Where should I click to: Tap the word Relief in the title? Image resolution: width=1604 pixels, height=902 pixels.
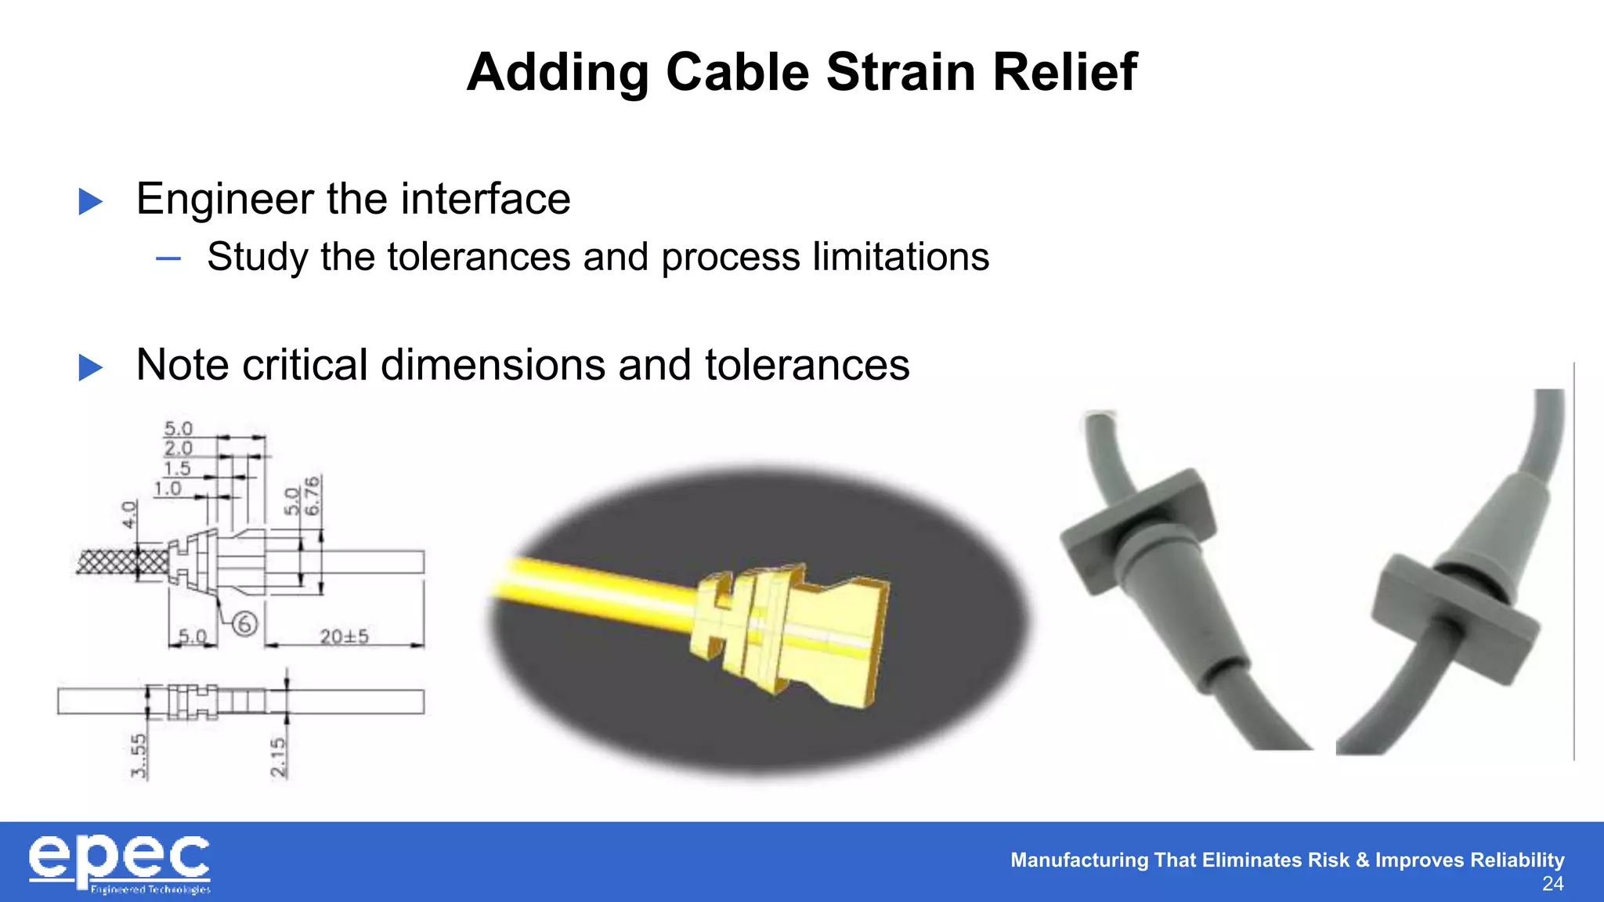click(x=1064, y=72)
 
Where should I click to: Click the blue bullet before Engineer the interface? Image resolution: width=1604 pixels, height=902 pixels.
click(x=91, y=201)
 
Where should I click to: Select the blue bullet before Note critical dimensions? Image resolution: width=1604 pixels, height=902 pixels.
click(x=91, y=367)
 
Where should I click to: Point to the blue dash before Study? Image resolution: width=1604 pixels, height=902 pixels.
click(x=168, y=258)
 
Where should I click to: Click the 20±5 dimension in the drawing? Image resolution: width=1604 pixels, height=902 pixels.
click(x=344, y=637)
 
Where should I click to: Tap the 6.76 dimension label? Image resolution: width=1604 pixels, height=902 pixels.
click(x=312, y=496)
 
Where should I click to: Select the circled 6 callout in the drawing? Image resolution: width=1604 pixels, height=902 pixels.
click(x=244, y=624)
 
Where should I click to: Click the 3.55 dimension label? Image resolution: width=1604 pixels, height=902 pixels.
click(x=139, y=756)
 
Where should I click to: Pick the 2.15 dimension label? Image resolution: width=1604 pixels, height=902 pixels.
click(x=278, y=757)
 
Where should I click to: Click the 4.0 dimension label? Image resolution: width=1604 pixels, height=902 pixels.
click(x=129, y=514)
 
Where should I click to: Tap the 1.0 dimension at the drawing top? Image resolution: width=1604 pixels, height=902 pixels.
click(x=168, y=489)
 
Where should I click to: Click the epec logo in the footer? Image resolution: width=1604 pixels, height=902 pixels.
click(x=119, y=862)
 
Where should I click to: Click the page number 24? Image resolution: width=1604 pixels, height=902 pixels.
click(x=1552, y=884)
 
